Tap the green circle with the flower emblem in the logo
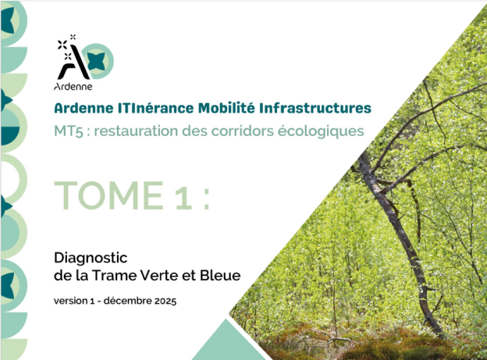[x=98, y=59]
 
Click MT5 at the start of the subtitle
[x=68, y=131]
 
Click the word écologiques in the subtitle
[x=323, y=131]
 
